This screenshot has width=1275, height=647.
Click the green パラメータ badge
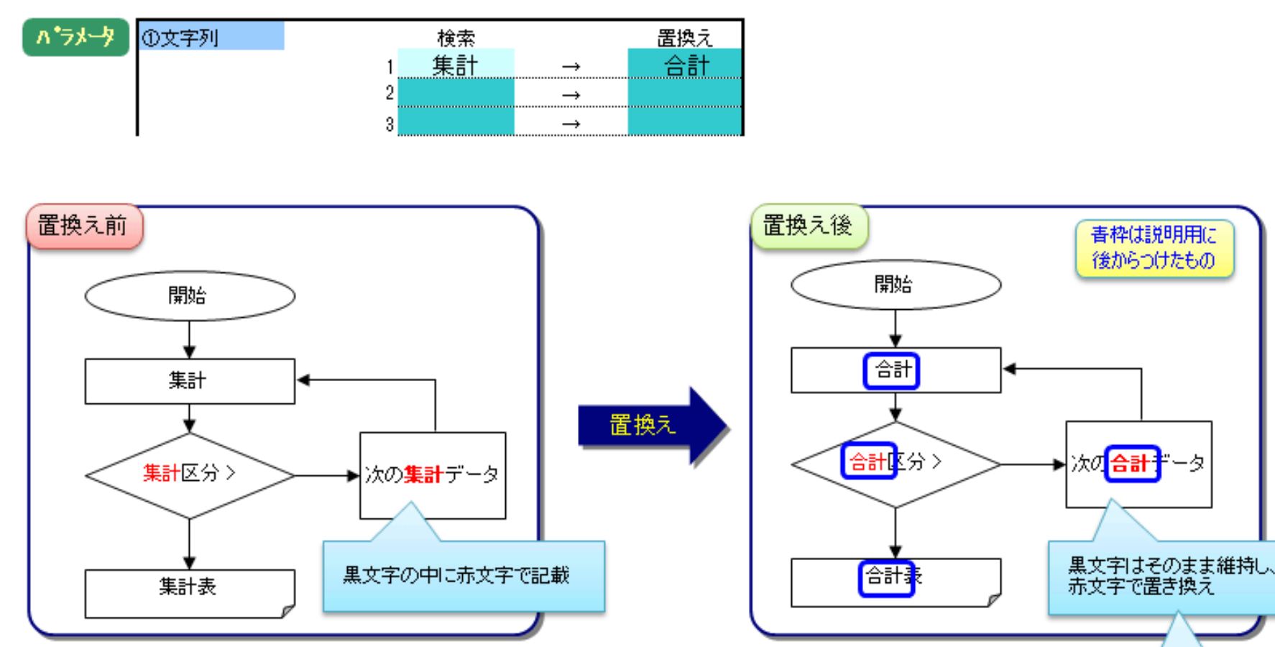coord(75,37)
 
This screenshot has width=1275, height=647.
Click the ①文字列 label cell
coord(210,36)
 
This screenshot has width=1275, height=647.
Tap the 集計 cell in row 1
coord(456,65)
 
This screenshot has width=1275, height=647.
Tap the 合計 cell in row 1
coord(685,65)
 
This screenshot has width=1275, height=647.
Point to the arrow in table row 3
coord(571,124)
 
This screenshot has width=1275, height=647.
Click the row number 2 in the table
coord(390,93)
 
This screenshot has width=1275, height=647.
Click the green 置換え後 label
coord(807,226)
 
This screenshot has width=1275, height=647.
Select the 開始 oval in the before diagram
coord(189,295)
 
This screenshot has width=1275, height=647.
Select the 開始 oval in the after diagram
coord(895,285)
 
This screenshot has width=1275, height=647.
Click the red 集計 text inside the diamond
coord(161,473)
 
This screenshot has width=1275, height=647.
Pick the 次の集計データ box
coord(432,474)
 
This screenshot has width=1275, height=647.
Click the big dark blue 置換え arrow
coord(647,426)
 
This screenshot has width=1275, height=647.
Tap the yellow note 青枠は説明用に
coord(1154,248)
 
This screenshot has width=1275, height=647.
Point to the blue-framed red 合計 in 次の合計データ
coord(1131,464)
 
